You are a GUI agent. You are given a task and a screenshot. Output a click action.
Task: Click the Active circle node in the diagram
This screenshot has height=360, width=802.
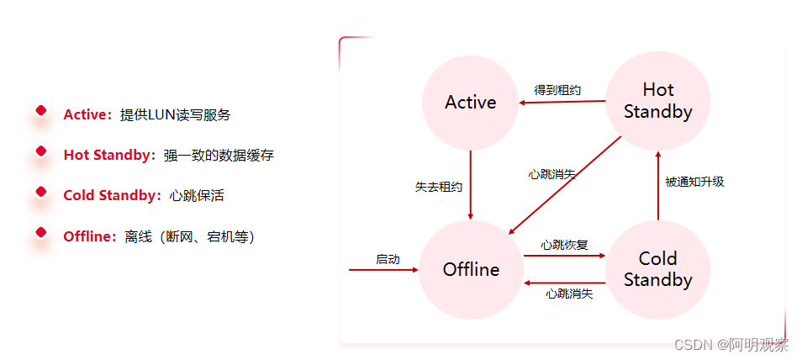[x=471, y=102]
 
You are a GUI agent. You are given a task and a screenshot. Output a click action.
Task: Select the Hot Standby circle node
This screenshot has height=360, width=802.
[x=657, y=100]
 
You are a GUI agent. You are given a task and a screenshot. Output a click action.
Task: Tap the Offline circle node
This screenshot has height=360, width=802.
[x=471, y=269]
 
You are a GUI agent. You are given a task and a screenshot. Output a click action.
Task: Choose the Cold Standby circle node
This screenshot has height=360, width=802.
[x=657, y=269]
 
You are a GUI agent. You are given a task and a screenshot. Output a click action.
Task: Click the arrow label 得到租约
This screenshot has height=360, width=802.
[x=557, y=89]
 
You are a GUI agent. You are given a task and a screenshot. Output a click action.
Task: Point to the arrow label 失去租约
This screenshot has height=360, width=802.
[x=439, y=186]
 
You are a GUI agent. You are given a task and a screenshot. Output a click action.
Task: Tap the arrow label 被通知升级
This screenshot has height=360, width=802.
[x=694, y=181]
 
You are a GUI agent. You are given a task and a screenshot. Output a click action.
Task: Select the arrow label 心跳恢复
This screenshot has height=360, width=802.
[x=564, y=245]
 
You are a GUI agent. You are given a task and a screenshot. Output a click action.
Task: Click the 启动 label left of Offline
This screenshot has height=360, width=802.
[x=388, y=259]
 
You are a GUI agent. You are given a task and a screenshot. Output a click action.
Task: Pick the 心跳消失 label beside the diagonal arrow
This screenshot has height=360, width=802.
[x=551, y=174]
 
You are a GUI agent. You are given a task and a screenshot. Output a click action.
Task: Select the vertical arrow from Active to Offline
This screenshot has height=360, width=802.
[x=471, y=185]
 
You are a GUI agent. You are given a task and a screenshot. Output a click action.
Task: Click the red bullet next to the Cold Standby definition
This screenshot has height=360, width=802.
[x=40, y=193]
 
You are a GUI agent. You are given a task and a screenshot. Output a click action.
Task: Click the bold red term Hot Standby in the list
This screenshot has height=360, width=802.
[x=108, y=156]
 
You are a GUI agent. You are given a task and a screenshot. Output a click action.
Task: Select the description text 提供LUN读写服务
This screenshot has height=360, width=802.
[x=175, y=115]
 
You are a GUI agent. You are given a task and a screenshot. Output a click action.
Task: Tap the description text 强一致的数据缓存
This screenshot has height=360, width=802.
[x=219, y=156]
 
